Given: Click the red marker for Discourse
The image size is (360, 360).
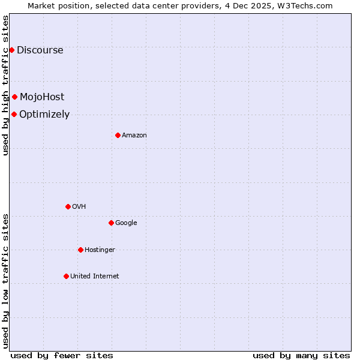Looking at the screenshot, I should pos(11,50).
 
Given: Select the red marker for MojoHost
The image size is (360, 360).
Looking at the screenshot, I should pos(15,97).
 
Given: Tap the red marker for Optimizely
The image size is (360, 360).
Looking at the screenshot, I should pos(14,114).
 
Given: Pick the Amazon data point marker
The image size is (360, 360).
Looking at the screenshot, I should pos(118,135).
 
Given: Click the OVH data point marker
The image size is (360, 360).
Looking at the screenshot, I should pos(68,206).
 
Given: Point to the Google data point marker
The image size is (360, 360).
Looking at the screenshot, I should pos(111,223).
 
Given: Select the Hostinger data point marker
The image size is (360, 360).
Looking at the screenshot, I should pos(80,250).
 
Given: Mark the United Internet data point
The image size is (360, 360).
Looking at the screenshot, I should pos(66,276).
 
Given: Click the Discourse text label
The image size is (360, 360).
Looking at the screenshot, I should pos(40,50).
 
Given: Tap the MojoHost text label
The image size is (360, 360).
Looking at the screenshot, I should pos(42,97).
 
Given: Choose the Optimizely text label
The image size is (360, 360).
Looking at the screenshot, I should pos(44,114).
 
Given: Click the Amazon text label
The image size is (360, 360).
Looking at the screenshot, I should pos(134,135).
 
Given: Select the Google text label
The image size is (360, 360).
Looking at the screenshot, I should pos(126,223).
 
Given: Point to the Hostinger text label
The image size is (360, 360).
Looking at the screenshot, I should pos(100,250).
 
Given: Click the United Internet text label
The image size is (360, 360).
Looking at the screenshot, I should pos(95,276).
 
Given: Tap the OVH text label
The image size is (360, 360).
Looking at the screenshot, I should pos(79,206).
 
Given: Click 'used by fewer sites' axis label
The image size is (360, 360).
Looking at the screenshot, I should pos(62,355).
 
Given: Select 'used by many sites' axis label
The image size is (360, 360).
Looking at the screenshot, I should pos(301,355).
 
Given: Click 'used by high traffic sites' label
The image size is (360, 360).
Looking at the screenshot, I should pos(5,85).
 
